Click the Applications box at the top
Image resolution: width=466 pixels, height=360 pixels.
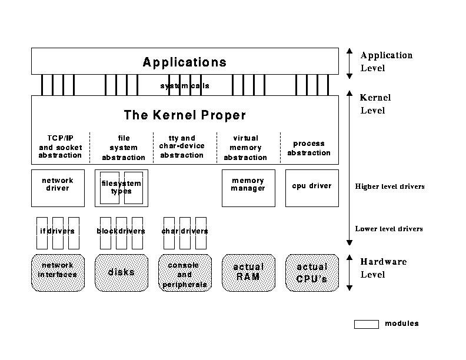[184, 62]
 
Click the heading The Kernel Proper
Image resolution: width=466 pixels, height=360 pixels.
[184, 115]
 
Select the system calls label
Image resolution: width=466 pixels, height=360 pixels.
[185, 86]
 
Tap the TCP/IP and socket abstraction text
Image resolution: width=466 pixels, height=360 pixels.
[60, 146]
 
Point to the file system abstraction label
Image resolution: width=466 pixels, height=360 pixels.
[124, 148]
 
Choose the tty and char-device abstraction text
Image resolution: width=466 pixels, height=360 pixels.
[181, 146]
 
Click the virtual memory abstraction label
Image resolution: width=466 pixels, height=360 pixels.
[245, 148]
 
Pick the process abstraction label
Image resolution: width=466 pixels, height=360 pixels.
[309, 148]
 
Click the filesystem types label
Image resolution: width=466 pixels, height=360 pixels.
[121, 188]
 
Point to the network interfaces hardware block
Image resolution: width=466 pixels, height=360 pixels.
[58, 272]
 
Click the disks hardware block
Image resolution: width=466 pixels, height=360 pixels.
[121, 272]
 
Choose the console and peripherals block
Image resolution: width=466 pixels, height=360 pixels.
[185, 274]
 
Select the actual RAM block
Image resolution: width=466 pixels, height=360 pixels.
[248, 272]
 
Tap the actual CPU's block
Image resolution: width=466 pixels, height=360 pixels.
[312, 272]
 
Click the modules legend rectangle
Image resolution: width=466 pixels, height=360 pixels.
[366, 324]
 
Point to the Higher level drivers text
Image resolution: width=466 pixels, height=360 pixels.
[390, 187]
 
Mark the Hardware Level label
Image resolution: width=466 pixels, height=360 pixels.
[383, 268]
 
